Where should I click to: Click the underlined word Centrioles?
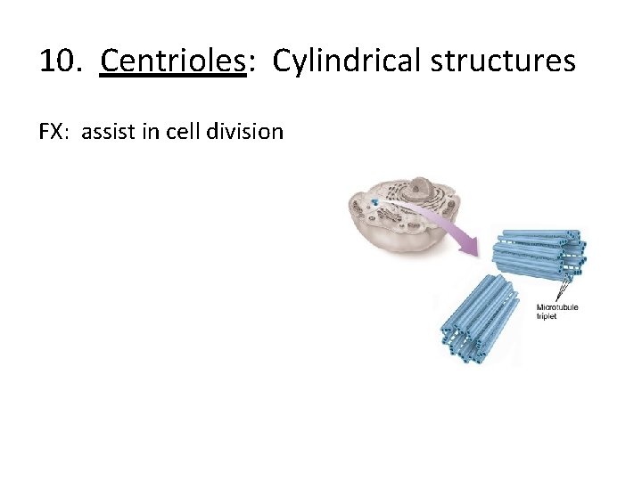coord(172,61)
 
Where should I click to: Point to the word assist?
coord(109,132)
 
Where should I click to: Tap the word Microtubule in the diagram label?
coord(557,307)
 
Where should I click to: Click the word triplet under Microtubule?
coord(546,316)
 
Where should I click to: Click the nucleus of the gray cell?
coord(420,190)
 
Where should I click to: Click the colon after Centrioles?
coord(251,62)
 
